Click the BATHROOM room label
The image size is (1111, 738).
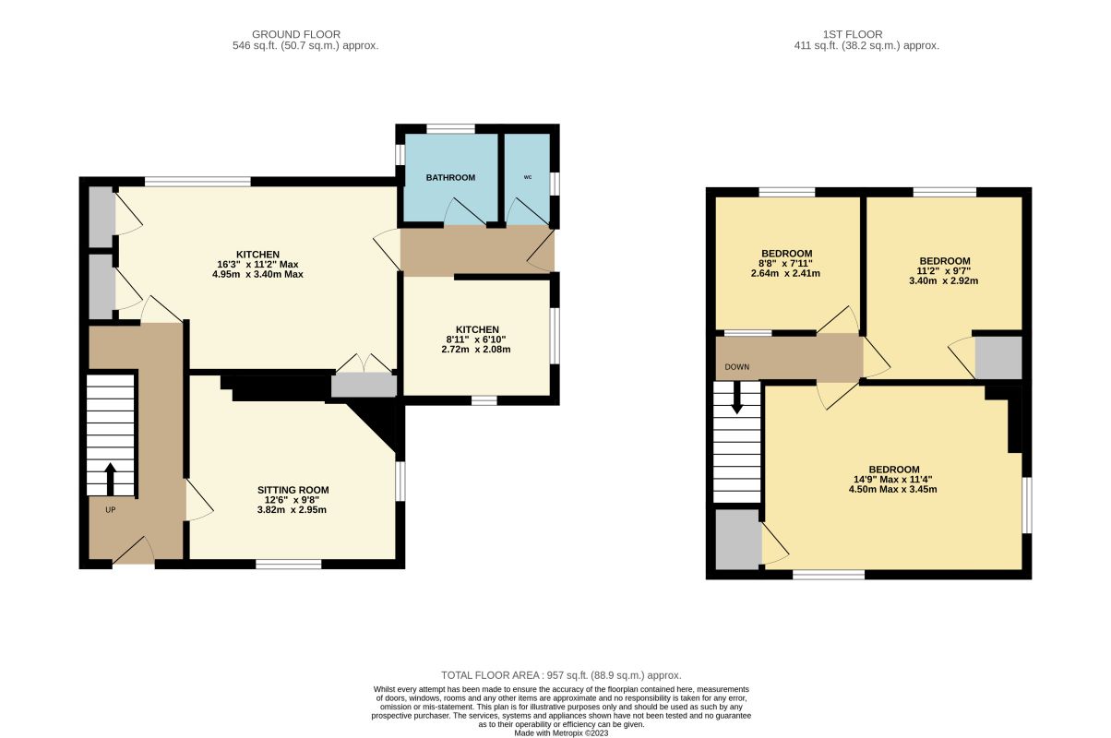(450, 177)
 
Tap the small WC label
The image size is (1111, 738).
(528, 177)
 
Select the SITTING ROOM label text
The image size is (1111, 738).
(293, 490)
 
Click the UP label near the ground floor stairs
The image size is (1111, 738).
(110, 510)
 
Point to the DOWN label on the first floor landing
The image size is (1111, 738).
(737, 367)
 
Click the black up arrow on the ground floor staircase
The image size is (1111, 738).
(110, 479)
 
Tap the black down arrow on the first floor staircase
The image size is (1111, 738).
(737, 398)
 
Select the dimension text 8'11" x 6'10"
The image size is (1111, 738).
(476, 339)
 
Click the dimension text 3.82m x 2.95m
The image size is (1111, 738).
(292, 510)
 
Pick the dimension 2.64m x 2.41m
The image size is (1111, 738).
(785, 273)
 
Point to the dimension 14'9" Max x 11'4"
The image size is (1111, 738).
(893, 480)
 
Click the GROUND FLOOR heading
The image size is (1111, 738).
(296, 34)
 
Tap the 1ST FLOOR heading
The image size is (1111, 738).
(853, 34)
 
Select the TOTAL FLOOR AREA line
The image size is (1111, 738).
(561, 675)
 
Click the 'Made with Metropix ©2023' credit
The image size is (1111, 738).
(561, 733)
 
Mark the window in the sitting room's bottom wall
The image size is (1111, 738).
(289, 564)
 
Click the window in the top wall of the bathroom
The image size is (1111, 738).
(451, 129)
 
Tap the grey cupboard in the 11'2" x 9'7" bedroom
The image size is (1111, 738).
(998, 358)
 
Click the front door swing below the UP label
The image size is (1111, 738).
(134, 551)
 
